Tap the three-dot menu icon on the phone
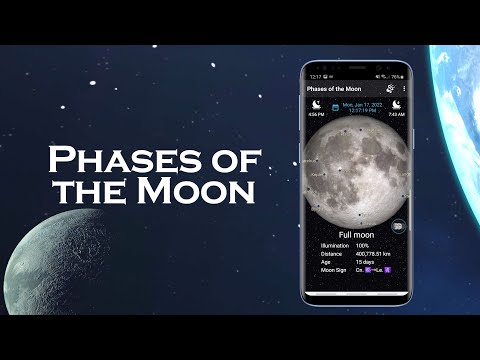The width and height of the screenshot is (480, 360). click(x=403, y=90)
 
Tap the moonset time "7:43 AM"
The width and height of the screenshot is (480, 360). click(x=397, y=115)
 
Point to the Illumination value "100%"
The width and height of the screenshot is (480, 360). click(x=362, y=245)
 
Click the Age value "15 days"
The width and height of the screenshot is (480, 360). click(x=364, y=262)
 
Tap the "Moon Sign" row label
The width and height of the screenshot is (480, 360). click(x=332, y=270)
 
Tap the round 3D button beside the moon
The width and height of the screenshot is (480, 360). click(x=399, y=226)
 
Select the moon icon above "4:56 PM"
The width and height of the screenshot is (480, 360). click(x=315, y=104)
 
